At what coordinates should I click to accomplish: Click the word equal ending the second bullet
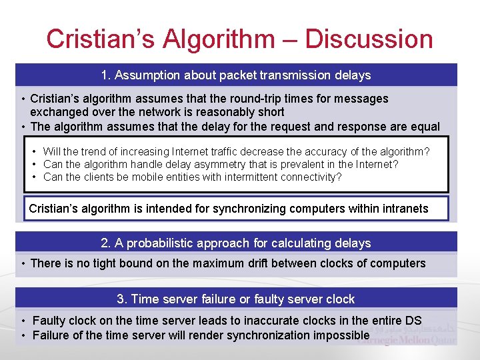(x=425, y=127)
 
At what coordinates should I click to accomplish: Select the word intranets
(x=403, y=209)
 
